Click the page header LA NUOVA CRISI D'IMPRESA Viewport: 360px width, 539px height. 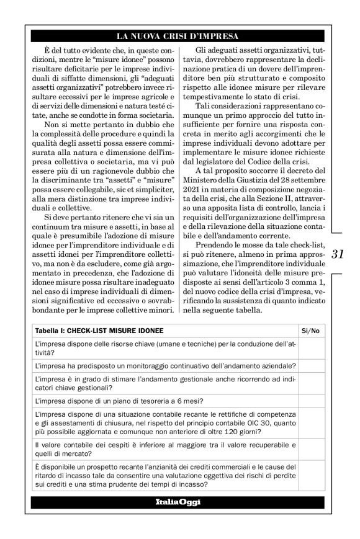(179, 35)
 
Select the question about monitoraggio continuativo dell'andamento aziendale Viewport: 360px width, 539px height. (165, 366)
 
